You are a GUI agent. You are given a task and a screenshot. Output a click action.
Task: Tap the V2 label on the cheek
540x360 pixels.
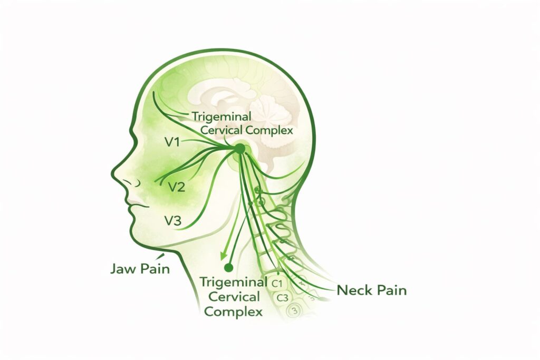coord(176,187)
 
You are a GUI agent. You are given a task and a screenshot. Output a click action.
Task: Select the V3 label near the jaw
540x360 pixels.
coord(173,221)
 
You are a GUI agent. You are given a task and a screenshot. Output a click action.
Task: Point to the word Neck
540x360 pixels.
coord(354,290)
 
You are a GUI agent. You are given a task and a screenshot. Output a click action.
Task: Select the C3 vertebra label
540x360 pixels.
coord(282,298)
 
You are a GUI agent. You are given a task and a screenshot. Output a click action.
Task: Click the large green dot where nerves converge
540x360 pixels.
coord(240,149)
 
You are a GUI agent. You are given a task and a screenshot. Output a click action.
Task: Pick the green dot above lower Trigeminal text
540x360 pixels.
coord(228,267)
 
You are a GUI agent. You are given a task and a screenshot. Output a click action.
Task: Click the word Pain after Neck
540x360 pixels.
coord(391,290)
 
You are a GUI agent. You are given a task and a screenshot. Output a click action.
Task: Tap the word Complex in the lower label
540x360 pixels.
coord(233,312)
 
